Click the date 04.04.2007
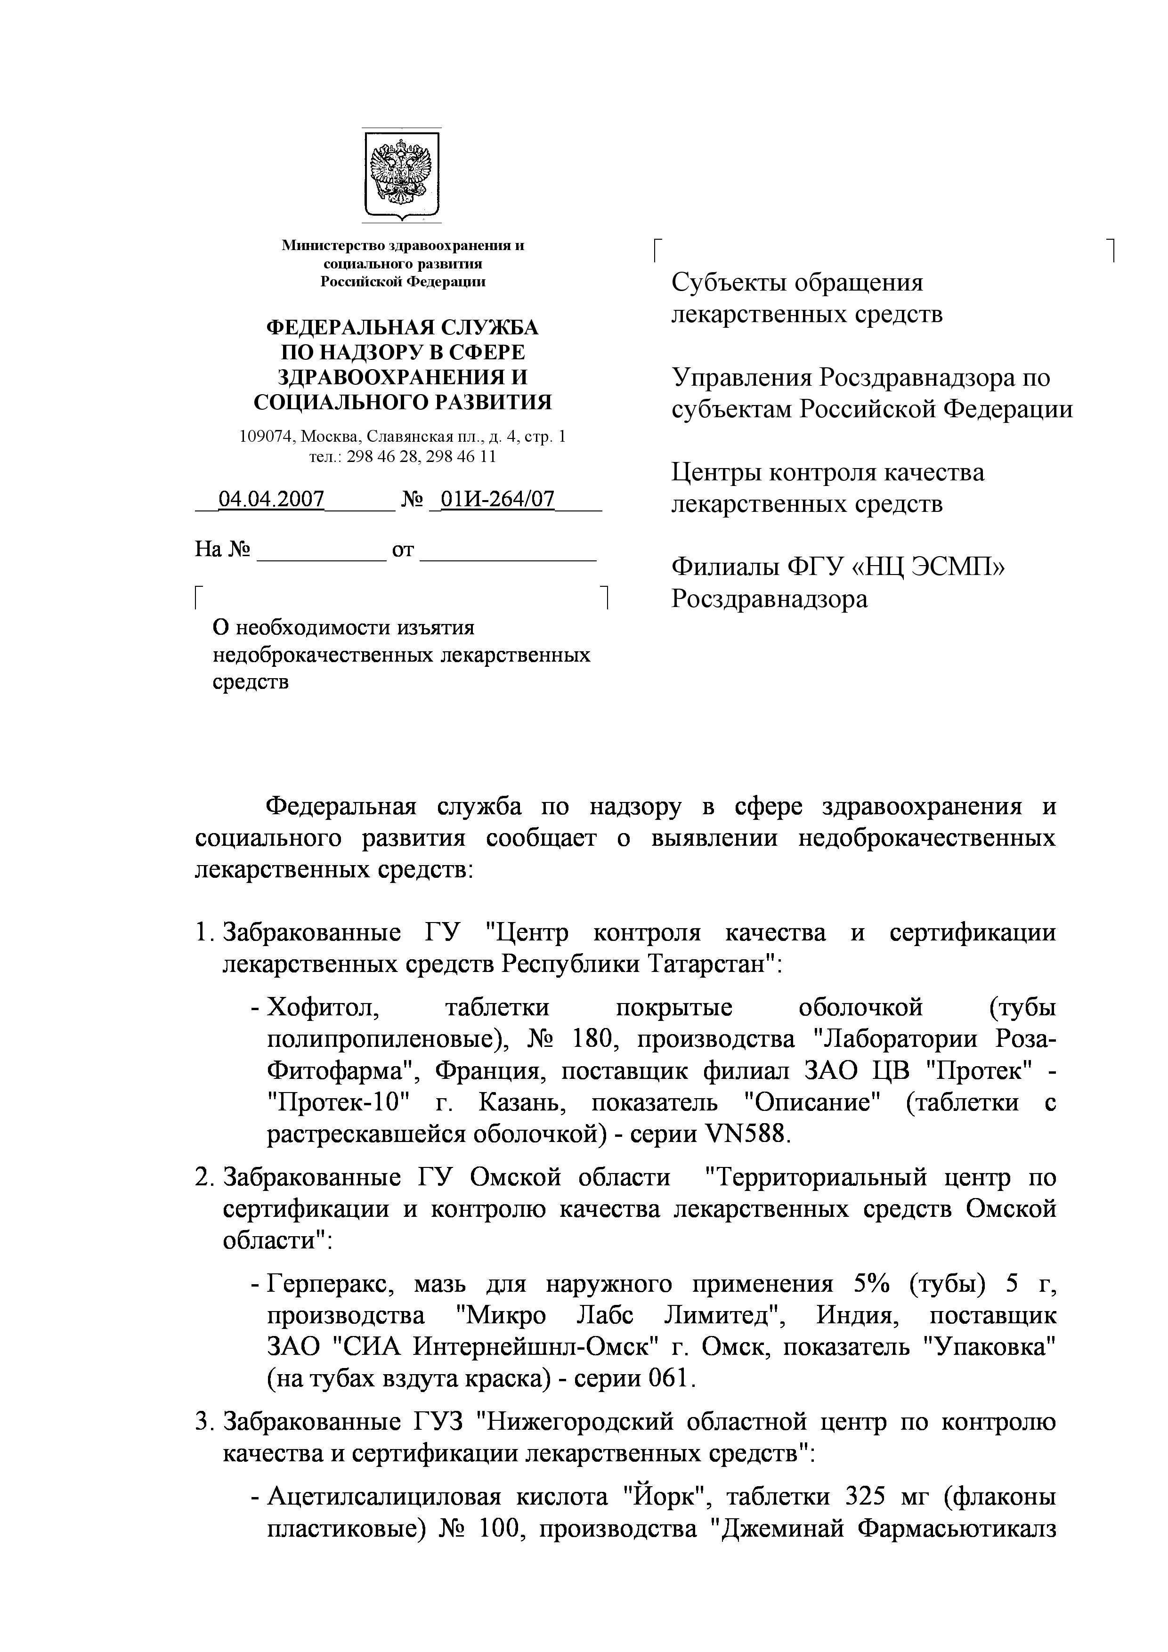click(x=271, y=499)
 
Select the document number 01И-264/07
click(x=497, y=499)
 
